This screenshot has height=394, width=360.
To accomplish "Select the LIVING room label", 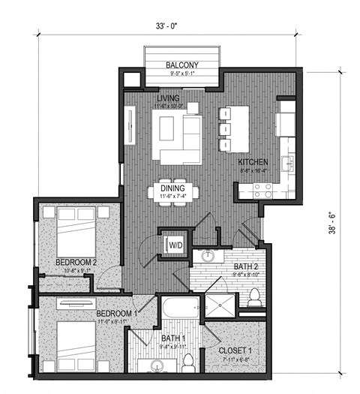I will [169, 98].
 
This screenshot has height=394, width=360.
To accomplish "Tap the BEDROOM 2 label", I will [76, 262].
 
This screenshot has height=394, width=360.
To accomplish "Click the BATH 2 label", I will [247, 266].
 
